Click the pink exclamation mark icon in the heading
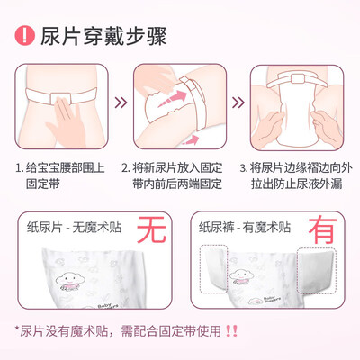pos(25,35)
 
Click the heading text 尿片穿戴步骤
pos(103,37)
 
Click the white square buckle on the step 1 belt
pos(60,98)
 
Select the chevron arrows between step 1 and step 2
pos(121,103)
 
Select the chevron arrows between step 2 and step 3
pos(238,103)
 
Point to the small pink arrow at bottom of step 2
pos(191,139)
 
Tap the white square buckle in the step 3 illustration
pos(297,79)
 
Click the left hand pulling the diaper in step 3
pos(268,129)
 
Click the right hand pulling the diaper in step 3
pos(327,128)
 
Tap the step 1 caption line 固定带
pos(43,184)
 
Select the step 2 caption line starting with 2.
pos(172,167)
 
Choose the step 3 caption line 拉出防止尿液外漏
pos(296,184)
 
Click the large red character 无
pos(151,229)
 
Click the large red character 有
pos(322,230)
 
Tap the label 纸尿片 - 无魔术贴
pos(75,228)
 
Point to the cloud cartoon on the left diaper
pos(70,282)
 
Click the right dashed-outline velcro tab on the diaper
pos(317,271)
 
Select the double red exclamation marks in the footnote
pos(231,331)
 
